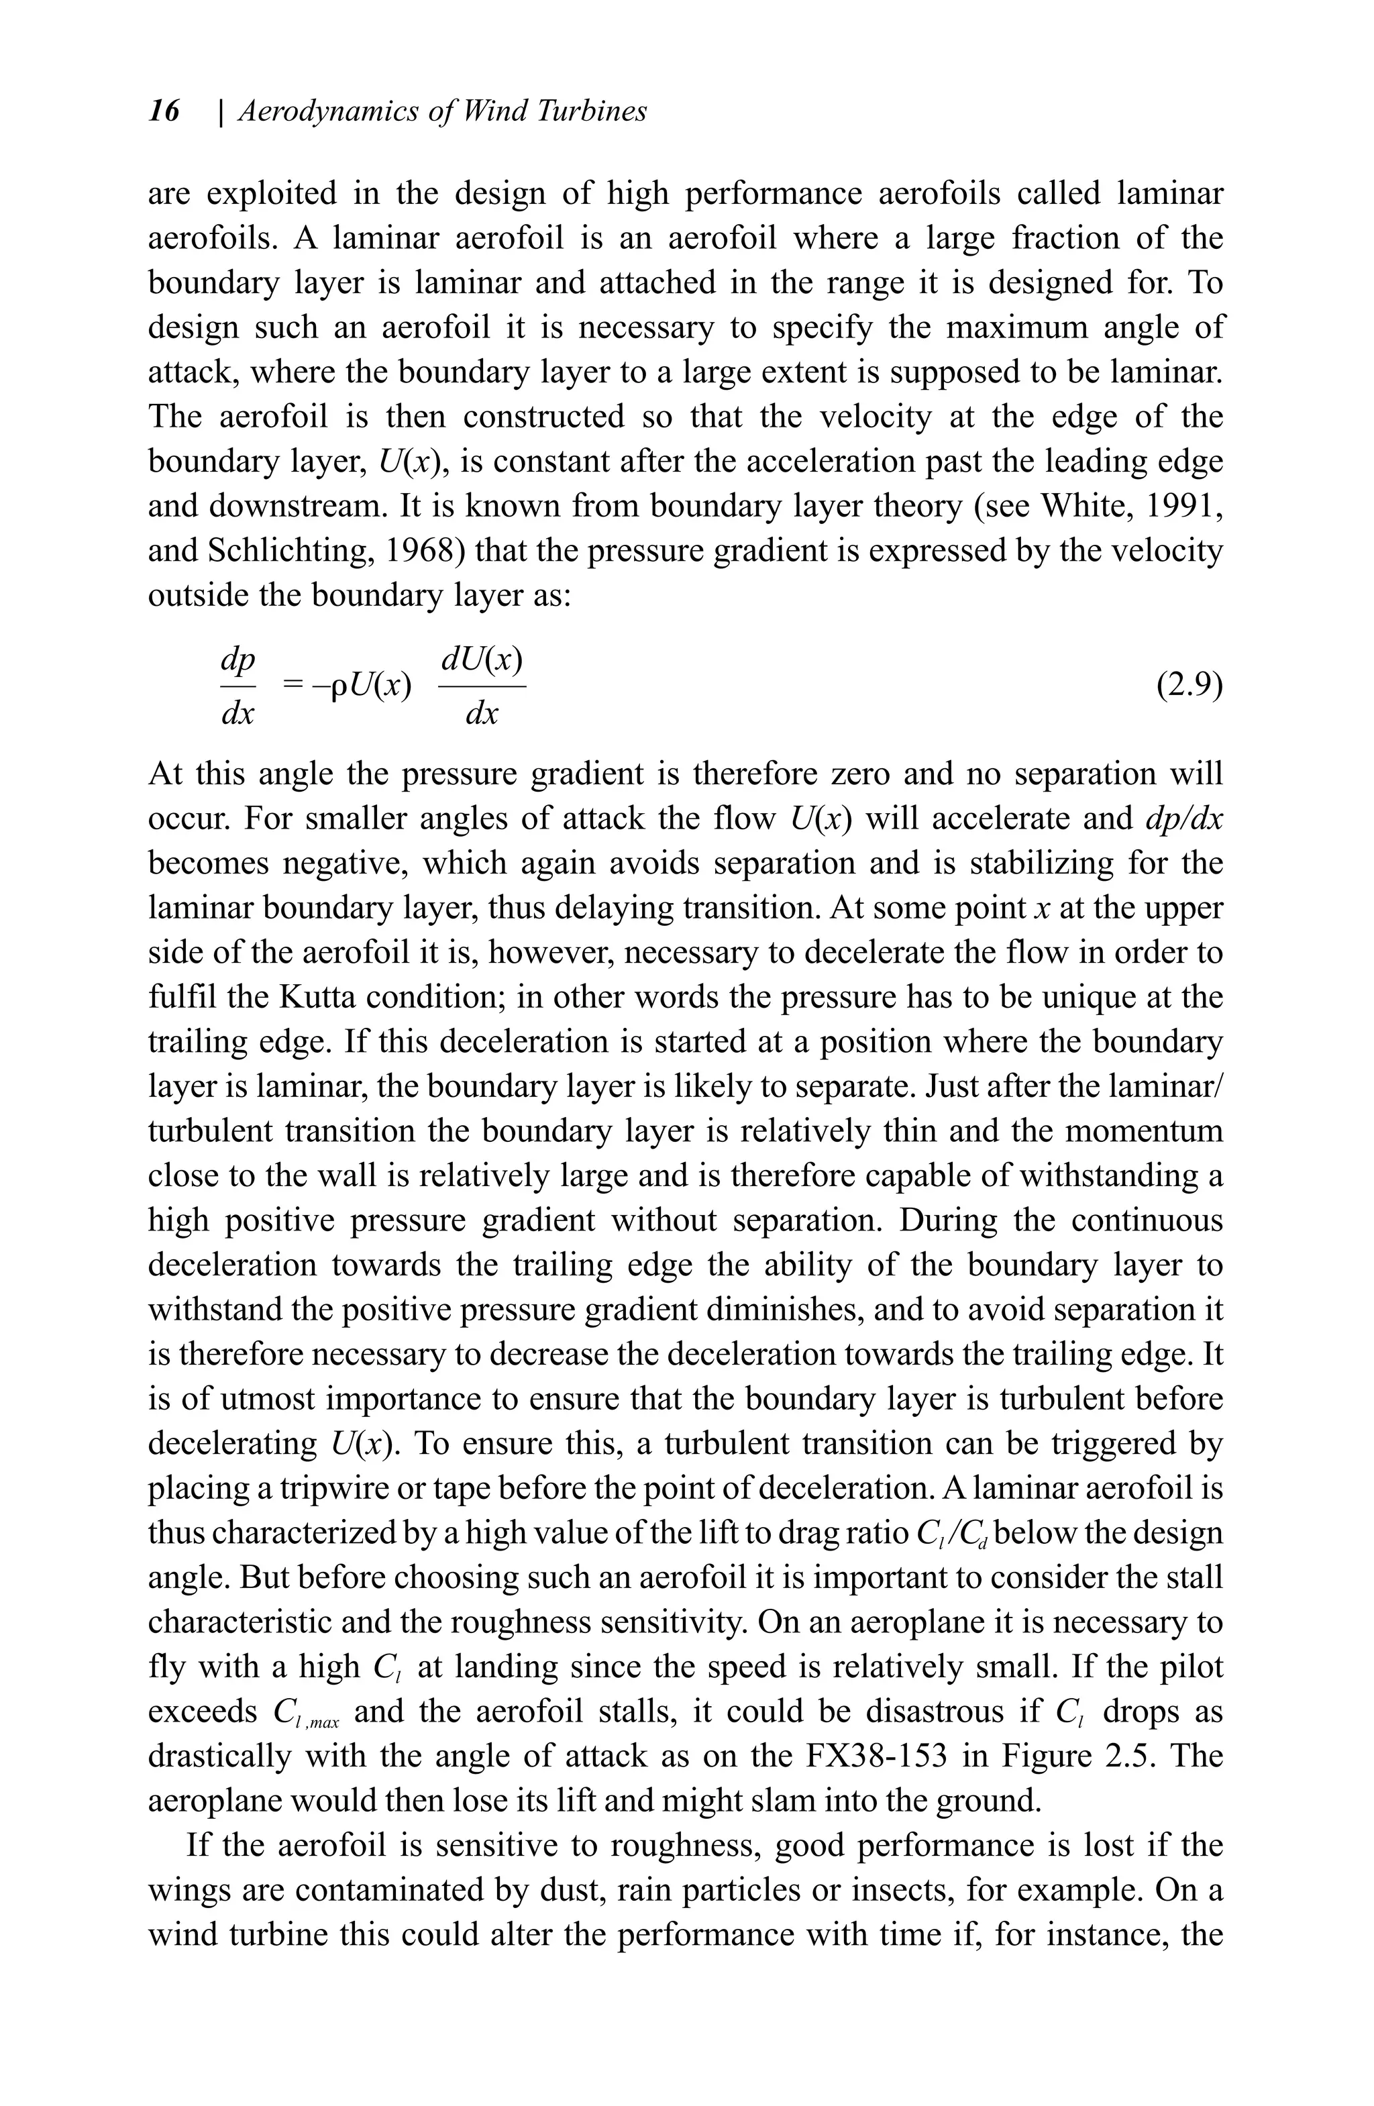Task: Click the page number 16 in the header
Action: (x=164, y=111)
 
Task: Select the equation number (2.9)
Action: (x=1189, y=685)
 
